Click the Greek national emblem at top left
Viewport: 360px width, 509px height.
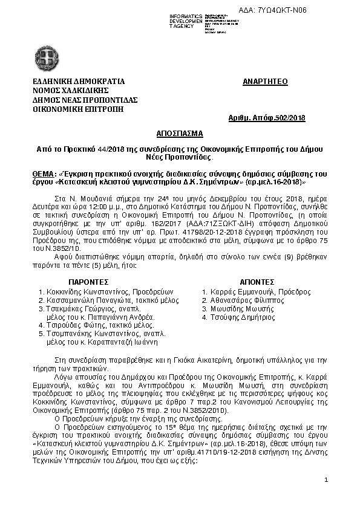click(48, 61)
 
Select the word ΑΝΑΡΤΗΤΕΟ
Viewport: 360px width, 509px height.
click(265, 81)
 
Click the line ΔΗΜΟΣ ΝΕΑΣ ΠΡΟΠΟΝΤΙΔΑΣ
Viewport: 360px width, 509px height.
click(85, 100)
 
